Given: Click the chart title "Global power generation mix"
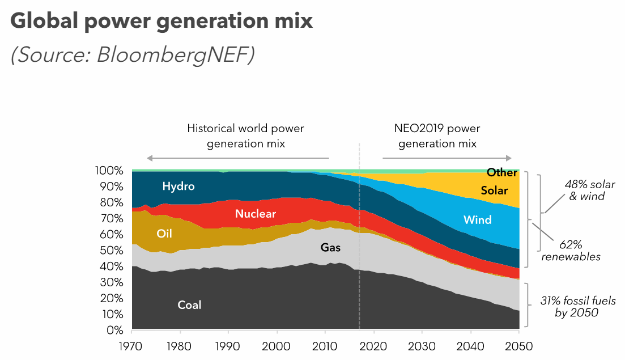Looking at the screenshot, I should coord(161,21).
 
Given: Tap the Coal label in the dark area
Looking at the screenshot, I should coord(189,305).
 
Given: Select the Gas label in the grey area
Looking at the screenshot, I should coord(331,248).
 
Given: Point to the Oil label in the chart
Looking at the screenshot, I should coord(164,233).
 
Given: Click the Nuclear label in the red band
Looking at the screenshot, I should coord(256,214).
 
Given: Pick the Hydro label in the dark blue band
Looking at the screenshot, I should coord(178,186).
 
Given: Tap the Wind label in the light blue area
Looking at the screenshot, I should coord(477,219).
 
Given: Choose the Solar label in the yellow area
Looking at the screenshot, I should coord(494,190).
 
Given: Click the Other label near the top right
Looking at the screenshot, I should coord(501,172).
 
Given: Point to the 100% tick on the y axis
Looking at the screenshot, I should coord(109,171).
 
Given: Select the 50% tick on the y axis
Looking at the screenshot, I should coord(112,251).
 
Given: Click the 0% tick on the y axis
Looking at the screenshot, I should coord(115,330).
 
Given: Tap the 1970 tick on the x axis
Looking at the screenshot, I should coord(131,346).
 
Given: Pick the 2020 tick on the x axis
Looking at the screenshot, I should coord(374,346).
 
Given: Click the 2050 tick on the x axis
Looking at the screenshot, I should coord(519,346).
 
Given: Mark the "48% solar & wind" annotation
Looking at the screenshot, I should coord(589,190).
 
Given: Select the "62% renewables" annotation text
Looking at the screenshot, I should coord(571,250).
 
